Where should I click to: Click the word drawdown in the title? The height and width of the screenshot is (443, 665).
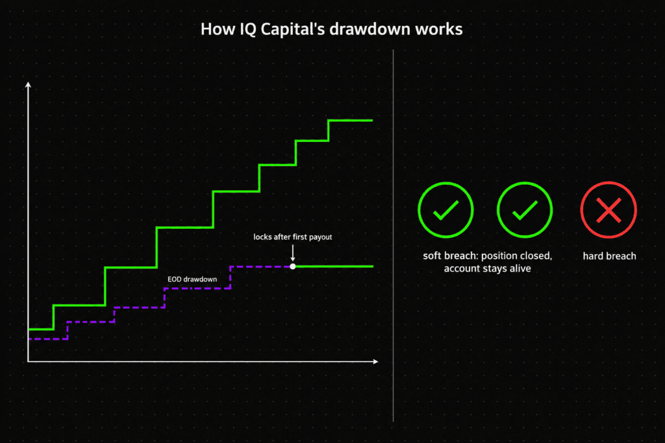pos(370,29)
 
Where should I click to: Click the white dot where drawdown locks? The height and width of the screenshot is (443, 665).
pos(293,267)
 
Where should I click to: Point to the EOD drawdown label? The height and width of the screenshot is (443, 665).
pos(192,279)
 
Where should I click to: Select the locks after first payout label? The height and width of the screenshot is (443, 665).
pos(293,237)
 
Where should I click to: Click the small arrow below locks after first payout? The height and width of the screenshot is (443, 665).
pos(293,253)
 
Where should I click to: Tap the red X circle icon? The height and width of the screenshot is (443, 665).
pos(609,210)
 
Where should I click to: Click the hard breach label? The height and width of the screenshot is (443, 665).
pos(609,256)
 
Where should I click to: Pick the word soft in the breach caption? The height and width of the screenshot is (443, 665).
pos(432,256)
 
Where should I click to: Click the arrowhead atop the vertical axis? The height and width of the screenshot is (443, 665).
pos(28,85)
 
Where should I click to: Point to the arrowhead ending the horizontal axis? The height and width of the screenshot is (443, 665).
pos(375,361)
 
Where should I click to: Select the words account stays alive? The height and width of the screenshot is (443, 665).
pos(487,269)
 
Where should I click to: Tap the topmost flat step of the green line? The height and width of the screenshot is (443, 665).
pos(351,120)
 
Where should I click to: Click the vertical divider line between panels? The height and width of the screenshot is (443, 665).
pos(393,235)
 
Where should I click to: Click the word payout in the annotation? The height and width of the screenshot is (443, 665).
pos(320,237)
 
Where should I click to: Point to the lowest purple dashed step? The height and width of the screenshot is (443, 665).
pos(48,339)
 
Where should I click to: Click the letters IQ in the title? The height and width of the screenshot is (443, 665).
pos(247,30)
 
